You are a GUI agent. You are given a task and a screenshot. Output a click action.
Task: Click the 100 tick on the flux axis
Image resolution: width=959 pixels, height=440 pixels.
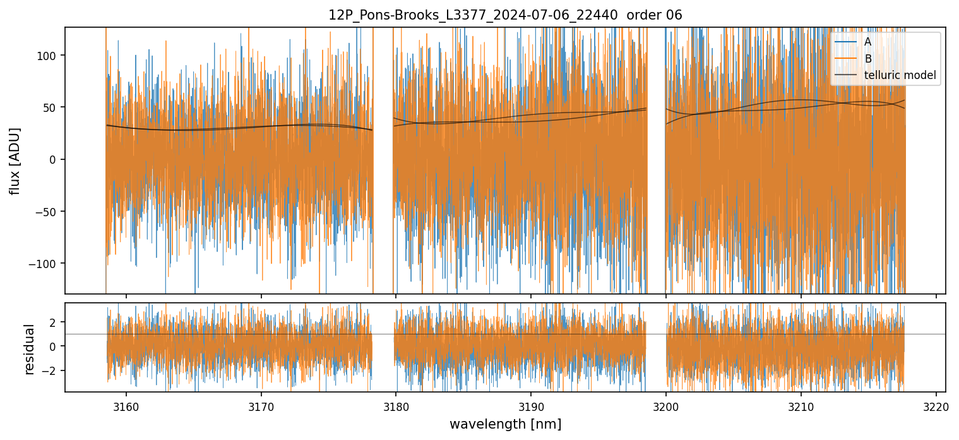point(51,56)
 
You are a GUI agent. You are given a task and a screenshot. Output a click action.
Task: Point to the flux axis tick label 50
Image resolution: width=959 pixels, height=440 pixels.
point(53,107)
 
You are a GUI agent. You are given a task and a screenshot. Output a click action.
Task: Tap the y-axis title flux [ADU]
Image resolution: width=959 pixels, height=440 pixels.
point(15,161)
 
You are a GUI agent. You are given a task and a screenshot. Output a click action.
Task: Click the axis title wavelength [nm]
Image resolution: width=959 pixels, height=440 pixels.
point(505,424)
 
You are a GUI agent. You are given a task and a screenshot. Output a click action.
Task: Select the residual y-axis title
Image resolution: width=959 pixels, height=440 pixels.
point(29,349)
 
